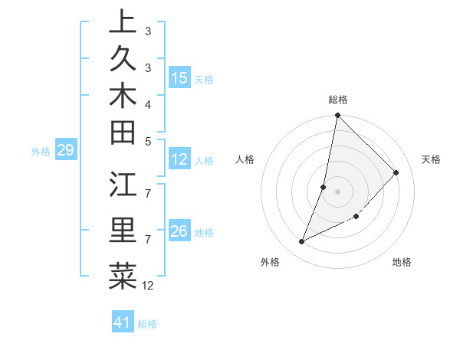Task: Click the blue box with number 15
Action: coord(179,78)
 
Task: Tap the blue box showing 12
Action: coord(179,159)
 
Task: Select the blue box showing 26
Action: coord(179,231)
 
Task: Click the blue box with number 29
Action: coord(65,150)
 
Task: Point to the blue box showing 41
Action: coord(123,322)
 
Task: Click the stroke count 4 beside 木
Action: coord(148,103)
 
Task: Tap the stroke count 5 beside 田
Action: coord(148,141)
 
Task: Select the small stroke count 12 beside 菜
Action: coord(148,286)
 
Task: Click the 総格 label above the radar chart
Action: coord(338,100)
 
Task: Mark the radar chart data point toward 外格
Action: coord(302,242)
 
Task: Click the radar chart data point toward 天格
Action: coord(396,172)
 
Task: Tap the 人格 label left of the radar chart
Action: coord(245,159)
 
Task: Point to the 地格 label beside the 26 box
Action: coord(205,232)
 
